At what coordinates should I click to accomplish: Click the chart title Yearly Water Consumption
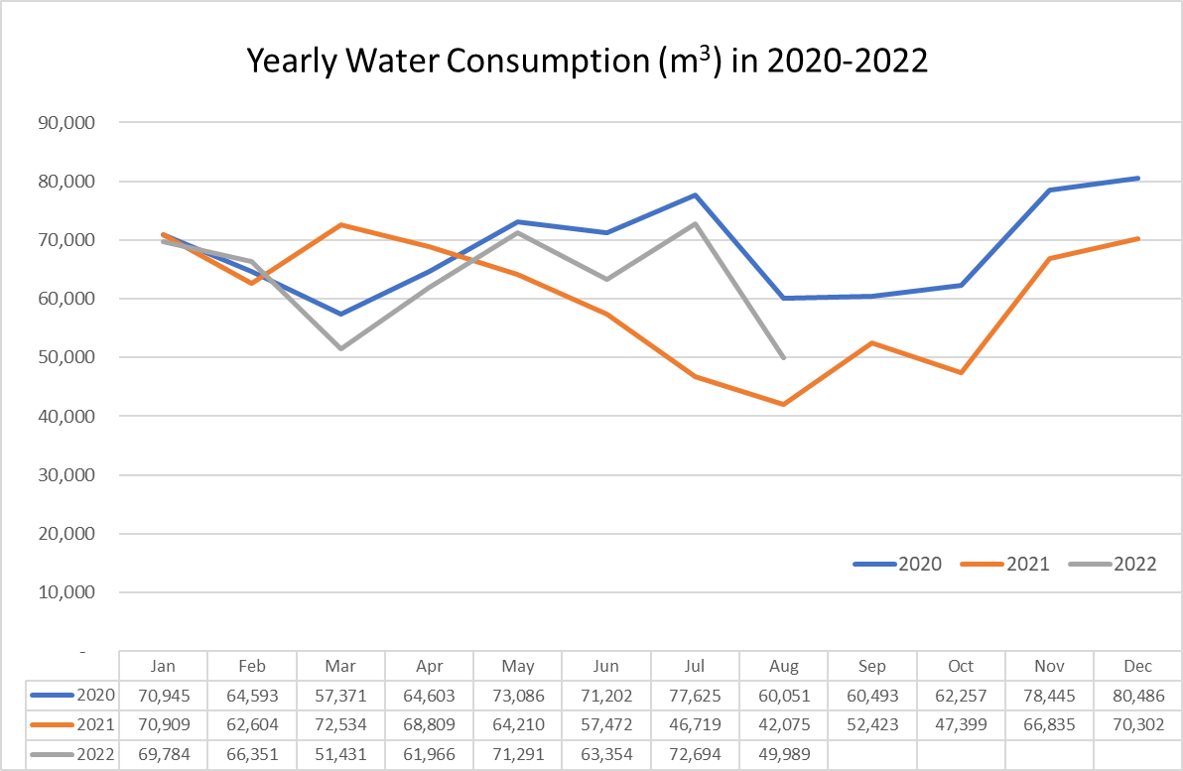click(587, 62)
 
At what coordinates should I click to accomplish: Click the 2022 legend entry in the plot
click(1114, 564)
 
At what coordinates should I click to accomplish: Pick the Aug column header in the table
click(783, 666)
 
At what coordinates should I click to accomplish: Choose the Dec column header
click(1137, 666)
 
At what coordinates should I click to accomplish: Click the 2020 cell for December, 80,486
click(1137, 696)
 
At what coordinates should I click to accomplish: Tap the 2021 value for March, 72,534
click(340, 725)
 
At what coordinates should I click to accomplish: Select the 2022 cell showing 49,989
click(783, 755)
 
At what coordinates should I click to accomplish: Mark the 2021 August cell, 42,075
click(783, 725)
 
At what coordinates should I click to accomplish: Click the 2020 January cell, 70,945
click(163, 696)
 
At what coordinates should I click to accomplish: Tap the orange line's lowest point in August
click(784, 404)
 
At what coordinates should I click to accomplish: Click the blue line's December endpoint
click(1137, 179)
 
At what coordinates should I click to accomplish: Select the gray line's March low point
click(340, 348)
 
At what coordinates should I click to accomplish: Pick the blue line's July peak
click(696, 195)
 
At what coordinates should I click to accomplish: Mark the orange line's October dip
click(961, 372)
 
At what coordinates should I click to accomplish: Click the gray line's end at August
click(784, 357)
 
